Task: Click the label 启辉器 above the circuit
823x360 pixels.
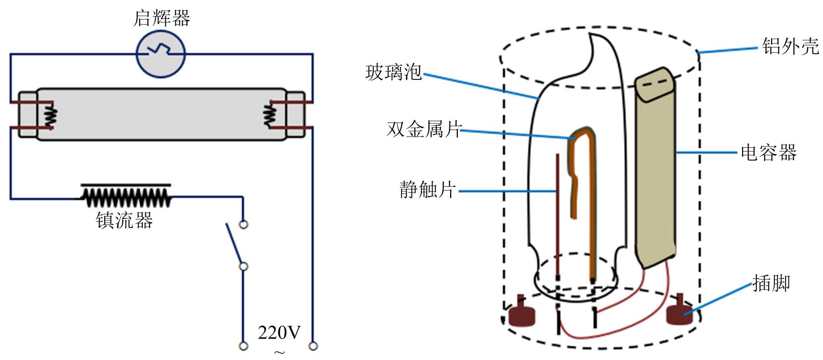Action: (x=162, y=19)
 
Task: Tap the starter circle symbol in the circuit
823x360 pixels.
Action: (x=161, y=54)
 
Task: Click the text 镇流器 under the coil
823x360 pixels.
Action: (x=124, y=220)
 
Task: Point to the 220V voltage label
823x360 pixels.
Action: (x=279, y=332)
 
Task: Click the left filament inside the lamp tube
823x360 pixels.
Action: (x=51, y=115)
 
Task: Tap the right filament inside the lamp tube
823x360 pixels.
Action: (x=270, y=115)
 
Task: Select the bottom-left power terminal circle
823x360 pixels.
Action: (x=244, y=346)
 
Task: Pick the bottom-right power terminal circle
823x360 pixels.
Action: (x=313, y=346)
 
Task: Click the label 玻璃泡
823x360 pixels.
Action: (x=393, y=72)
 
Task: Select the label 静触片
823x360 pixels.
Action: (x=427, y=190)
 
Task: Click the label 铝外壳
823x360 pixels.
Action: (x=790, y=46)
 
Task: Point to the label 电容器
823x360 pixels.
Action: (x=768, y=153)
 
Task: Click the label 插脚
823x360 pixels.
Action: (x=771, y=283)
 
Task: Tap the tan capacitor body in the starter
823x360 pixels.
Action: (x=655, y=173)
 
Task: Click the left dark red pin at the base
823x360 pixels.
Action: (x=522, y=314)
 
